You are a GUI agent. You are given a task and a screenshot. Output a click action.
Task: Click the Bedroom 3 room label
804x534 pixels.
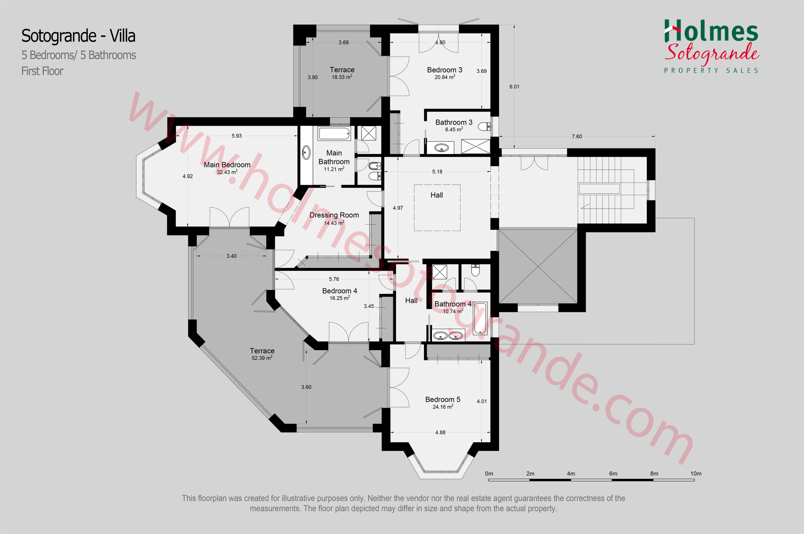[x=445, y=70]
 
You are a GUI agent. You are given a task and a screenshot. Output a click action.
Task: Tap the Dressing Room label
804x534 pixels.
[x=334, y=215]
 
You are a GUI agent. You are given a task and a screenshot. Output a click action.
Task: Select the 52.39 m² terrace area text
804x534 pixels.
[x=262, y=358]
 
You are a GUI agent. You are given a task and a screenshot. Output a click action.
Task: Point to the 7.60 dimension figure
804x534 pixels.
[x=577, y=137]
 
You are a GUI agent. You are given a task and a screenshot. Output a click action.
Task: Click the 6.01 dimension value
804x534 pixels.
[x=514, y=87]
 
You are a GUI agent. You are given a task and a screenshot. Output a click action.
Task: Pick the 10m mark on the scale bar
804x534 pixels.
[x=696, y=474]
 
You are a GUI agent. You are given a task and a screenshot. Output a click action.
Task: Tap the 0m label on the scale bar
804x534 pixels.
[x=489, y=474]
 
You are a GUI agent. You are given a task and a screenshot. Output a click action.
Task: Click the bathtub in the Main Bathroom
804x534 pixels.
[x=334, y=133]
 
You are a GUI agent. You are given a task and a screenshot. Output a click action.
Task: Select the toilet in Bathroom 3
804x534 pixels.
[x=484, y=127]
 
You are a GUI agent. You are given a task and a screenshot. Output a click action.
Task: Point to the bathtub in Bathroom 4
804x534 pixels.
[x=480, y=318]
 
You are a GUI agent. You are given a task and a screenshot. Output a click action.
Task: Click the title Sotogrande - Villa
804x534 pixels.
[x=78, y=36]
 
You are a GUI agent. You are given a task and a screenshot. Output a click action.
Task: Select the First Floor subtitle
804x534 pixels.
[x=42, y=71]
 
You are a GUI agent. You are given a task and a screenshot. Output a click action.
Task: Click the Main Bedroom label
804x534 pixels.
[x=227, y=165]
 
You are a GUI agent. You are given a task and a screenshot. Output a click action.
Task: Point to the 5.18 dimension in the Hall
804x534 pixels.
[x=437, y=172]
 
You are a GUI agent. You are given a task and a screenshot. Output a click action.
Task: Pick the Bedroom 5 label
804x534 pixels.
[x=443, y=399]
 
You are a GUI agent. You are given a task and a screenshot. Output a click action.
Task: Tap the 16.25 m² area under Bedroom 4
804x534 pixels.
[x=340, y=298]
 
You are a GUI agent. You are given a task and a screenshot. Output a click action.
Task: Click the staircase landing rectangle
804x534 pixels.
[x=599, y=189]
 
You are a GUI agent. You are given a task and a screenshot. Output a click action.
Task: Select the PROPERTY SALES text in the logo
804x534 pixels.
[x=711, y=71]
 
